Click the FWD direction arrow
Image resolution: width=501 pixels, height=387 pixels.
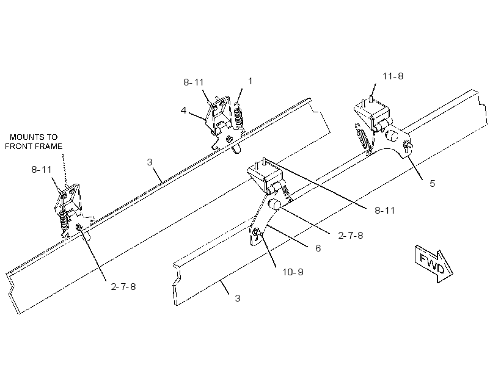coord(434,264)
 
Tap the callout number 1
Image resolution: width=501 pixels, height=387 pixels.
coord(250,81)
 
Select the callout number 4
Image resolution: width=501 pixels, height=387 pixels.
coord(183,110)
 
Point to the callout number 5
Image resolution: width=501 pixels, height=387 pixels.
coord(432,183)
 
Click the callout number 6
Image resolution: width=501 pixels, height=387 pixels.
coord(318,248)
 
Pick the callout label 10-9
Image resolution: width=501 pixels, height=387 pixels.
coord(293,272)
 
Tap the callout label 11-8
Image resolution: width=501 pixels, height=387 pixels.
coord(393,76)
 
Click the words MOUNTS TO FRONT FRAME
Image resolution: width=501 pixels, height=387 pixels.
coord(34,142)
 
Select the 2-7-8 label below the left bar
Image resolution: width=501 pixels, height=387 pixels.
coord(123,287)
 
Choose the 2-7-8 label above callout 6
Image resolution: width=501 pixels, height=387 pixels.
coord(351,236)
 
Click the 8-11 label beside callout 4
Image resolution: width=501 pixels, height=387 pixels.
coord(194,82)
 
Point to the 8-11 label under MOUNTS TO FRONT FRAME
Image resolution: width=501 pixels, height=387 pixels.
coord(42,170)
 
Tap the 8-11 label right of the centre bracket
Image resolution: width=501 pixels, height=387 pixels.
coord(385,211)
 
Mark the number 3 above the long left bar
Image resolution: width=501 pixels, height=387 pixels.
coord(150,162)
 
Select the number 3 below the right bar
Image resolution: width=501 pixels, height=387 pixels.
coord(238,298)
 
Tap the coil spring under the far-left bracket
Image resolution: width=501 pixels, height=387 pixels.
coord(65,221)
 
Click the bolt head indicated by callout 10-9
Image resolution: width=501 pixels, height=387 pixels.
coord(256,232)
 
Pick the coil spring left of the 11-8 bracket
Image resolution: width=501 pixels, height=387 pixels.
coord(363,136)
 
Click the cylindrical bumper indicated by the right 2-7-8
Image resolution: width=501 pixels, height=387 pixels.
coord(274,204)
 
